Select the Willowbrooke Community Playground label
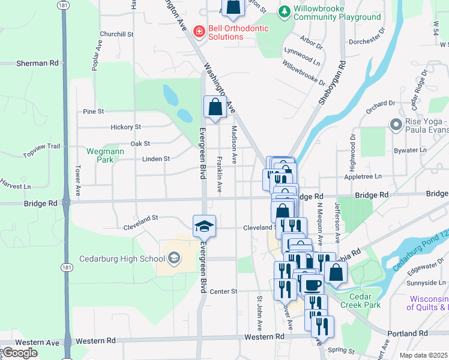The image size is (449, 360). [x=337, y=13]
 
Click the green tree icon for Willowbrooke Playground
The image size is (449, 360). [x=284, y=11]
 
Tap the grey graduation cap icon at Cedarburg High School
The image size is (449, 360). [x=173, y=259]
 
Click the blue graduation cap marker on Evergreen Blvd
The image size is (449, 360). [x=203, y=226]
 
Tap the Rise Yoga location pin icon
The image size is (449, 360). [x=396, y=125]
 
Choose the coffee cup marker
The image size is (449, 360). [x=312, y=286]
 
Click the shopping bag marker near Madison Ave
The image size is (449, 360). [x=215, y=108]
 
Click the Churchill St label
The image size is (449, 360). [x=116, y=34]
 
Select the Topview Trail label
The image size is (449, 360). [x=42, y=151]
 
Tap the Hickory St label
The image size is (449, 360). [x=125, y=127]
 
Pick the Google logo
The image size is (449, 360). [x=20, y=353]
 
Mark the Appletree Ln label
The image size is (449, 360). [x=363, y=176]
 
